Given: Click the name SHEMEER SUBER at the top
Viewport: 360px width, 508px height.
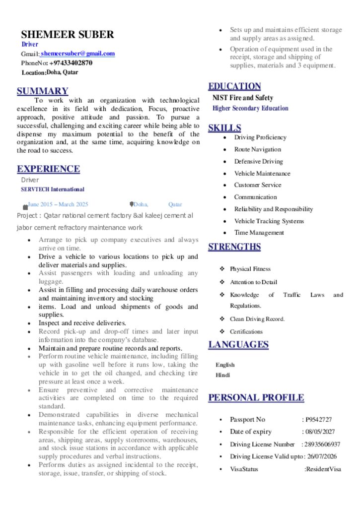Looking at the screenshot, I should point(68,34).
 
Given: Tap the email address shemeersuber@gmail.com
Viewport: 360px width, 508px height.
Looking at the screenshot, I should point(78,54).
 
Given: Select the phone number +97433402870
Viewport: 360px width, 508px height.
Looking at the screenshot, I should point(71,63).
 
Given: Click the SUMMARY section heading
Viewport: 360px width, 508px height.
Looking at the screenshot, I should point(42,91).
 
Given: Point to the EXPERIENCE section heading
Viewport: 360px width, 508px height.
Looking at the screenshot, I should point(48,169).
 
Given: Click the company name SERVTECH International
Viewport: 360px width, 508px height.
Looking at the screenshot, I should point(53,189).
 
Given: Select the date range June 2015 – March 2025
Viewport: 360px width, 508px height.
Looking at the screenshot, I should point(58,204).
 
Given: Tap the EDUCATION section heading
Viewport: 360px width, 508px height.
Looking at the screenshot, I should point(234,86).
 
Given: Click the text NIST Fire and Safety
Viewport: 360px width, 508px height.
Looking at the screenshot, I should point(243,98).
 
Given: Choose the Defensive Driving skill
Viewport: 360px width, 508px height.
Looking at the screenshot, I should point(258,161).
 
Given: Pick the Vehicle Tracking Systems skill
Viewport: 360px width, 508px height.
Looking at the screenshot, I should point(269,221).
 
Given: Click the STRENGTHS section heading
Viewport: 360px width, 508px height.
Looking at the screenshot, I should point(234,247).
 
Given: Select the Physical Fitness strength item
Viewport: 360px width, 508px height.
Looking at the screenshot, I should point(250,269).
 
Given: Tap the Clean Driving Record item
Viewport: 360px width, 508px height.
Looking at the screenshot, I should point(257,319).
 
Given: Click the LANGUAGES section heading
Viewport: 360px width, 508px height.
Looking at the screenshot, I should point(238,344).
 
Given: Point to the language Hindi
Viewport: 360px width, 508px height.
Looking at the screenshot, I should point(222,375).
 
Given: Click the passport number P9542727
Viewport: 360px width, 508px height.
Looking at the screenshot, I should point(318,419).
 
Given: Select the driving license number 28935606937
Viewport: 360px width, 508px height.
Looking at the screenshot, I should point(322,444).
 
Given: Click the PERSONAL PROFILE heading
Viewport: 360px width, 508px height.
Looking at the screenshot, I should point(256,397).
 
